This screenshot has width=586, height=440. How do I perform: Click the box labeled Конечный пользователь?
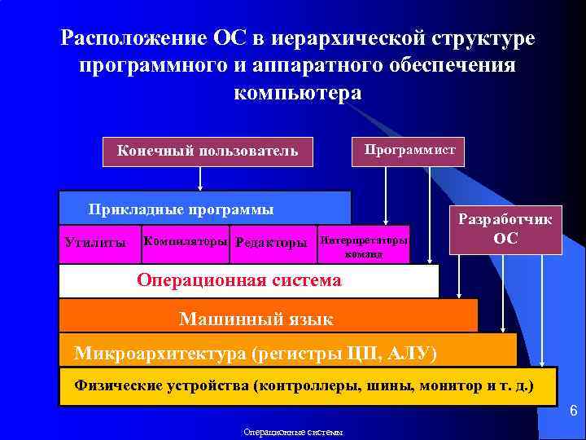[x=208, y=151]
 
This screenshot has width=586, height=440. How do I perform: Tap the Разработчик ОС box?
[x=505, y=229]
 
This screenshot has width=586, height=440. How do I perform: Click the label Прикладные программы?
[x=181, y=209]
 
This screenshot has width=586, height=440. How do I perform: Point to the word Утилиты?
[x=96, y=243]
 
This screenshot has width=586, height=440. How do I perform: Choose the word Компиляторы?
[x=185, y=242]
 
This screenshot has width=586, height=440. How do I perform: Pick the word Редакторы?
[x=271, y=243]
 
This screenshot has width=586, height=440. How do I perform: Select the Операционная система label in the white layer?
[x=239, y=281]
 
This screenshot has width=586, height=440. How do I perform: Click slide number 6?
[x=572, y=411]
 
